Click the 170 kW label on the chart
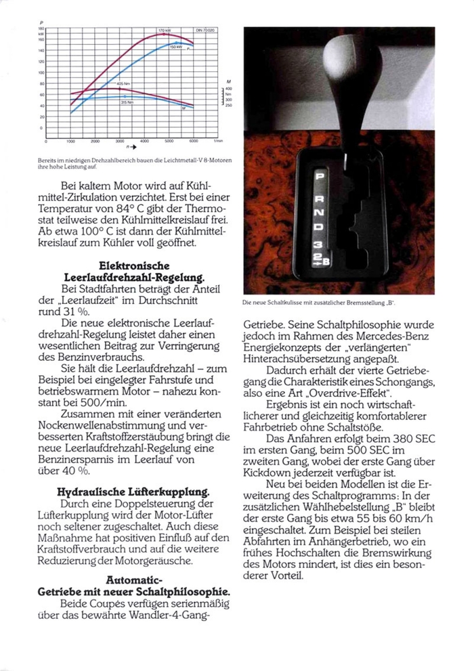point(164,31)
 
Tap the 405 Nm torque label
point(123,83)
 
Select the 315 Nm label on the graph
point(126,102)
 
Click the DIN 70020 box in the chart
point(204,31)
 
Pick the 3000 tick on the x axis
point(120,141)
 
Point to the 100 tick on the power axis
point(41,72)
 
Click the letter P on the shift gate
point(321,177)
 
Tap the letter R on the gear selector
point(321,195)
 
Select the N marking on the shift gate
point(321,213)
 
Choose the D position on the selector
point(321,232)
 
